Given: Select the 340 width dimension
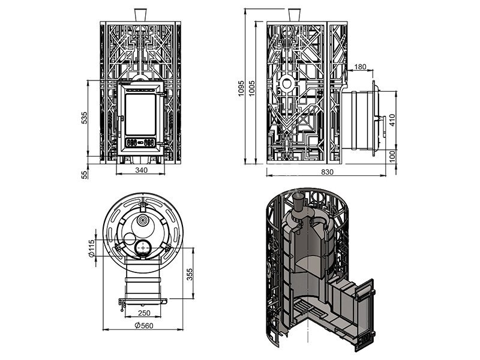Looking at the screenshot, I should (141, 170).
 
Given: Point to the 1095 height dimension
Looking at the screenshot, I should (241, 88).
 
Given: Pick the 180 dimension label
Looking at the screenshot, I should (360, 67).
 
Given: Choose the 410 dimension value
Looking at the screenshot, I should (392, 120).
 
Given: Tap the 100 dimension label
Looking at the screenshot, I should (392, 156).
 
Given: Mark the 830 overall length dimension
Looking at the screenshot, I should (327, 172).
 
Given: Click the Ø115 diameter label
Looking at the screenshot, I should (91, 247).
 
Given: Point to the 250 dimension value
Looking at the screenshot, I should (143, 313).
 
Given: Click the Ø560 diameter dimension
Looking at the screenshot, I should (142, 326).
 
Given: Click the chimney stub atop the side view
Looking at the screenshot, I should (294, 14).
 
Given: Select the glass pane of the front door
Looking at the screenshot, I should (141, 112).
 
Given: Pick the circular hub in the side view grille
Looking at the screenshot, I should (287, 83).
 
